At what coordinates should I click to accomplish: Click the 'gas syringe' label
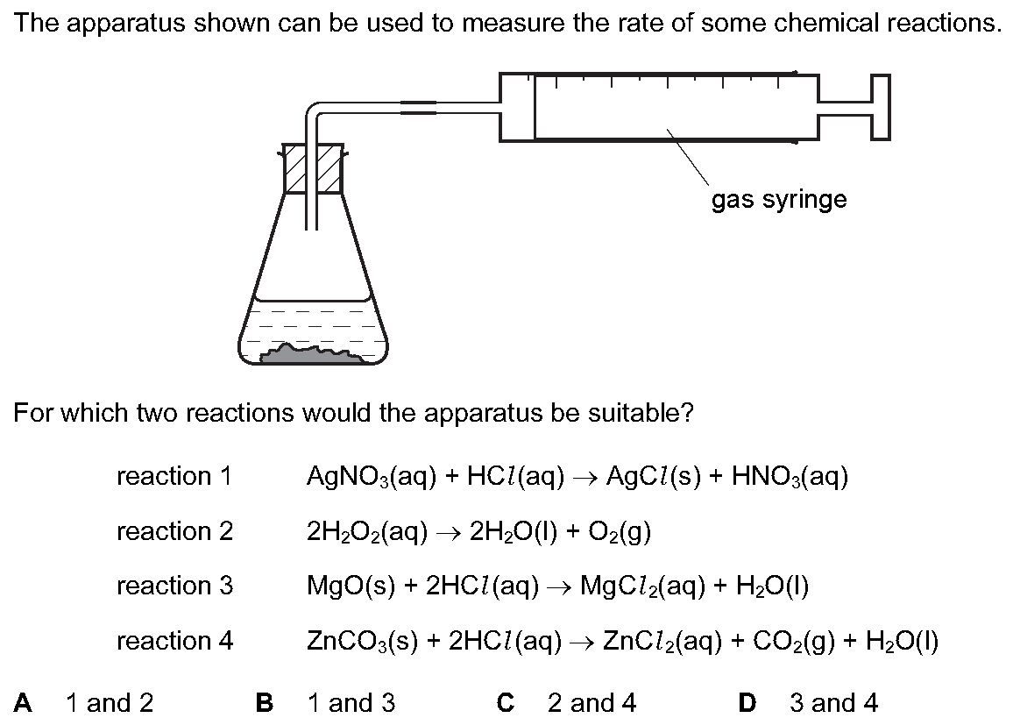pos(779,200)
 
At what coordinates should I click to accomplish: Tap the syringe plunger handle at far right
pos(881,107)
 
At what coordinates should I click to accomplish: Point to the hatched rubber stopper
pos(314,168)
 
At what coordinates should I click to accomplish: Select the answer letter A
pos(23,702)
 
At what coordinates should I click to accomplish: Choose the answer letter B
pos(265,702)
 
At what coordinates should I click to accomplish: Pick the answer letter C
pos(506,702)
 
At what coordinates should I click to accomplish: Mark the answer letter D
pos(747,702)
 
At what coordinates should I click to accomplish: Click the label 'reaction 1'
pos(174,476)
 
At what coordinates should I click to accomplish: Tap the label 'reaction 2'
pos(174,531)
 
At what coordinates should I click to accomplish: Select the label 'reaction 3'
pos(174,586)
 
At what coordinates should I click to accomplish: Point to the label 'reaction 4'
pos(174,641)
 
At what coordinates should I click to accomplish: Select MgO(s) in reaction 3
pos(351,586)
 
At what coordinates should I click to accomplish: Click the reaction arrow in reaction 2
pos(449,532)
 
